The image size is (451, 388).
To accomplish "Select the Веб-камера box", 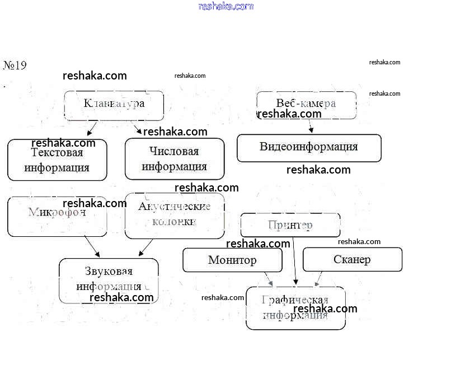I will [x=306, y=105].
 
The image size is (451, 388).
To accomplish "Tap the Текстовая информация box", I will [x=57, y=160].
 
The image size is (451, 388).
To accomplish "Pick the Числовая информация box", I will [x=175, y=159].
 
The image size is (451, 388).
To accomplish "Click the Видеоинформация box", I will [x=309, y=148].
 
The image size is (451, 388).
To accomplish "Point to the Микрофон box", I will [x=57, y=216].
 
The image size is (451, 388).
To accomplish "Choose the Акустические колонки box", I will [x=175, y=216].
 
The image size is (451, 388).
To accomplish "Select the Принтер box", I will [x=290, y=225].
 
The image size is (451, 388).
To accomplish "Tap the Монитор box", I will [x=232, y=260].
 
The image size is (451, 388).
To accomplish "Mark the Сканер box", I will [x=352, y=260].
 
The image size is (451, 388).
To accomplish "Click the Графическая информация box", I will [x=295, y=308].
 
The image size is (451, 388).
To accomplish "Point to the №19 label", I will [x=15, y=66].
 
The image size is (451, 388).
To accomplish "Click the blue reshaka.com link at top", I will [x=226, y=6].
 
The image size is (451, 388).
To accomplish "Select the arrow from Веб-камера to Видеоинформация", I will [x=309, y=127].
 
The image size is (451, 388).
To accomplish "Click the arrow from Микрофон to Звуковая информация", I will [x=92, y=246].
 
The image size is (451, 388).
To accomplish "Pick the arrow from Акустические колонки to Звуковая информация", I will [x=145, y=247].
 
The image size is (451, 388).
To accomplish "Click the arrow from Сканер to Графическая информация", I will [x=318, y=279].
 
